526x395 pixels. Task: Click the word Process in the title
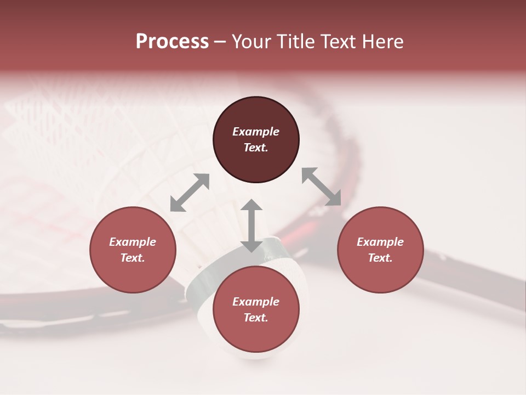172,42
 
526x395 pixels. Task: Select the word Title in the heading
296,42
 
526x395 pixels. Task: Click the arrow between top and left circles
190,193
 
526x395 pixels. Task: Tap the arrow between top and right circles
321,187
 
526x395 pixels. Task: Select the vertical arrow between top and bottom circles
251,225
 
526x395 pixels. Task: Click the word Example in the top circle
256,132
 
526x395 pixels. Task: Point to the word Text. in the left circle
133,258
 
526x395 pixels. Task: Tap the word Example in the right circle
380,242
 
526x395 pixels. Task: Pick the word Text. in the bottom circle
256,318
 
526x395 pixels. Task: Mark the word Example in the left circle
133,242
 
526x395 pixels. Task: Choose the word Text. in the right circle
380,258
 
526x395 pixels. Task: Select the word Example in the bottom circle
256,302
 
